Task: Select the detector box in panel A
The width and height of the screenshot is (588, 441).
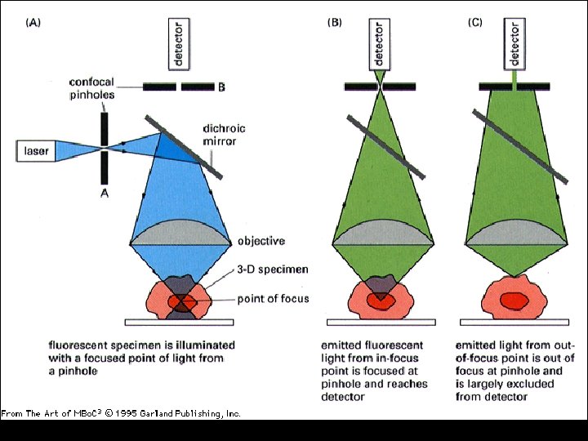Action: pos(179,43)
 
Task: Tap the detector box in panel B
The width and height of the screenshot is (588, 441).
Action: pos(380,43)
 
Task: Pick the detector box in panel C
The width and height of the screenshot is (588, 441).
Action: pos(515,43)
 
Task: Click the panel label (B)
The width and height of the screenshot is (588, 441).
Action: pos(335,23)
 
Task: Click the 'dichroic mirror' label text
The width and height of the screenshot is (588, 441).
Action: pos(224,135)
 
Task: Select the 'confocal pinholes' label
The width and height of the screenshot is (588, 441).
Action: pos(91,89)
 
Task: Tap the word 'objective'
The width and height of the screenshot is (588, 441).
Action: pos(261,241)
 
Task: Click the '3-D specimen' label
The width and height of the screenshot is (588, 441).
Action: pos(271,269)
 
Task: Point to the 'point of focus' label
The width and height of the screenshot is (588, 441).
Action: pos(273,298)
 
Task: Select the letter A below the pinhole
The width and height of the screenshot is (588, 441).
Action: pos(105,194)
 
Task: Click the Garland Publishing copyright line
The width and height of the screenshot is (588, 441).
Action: pos(121,414)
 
